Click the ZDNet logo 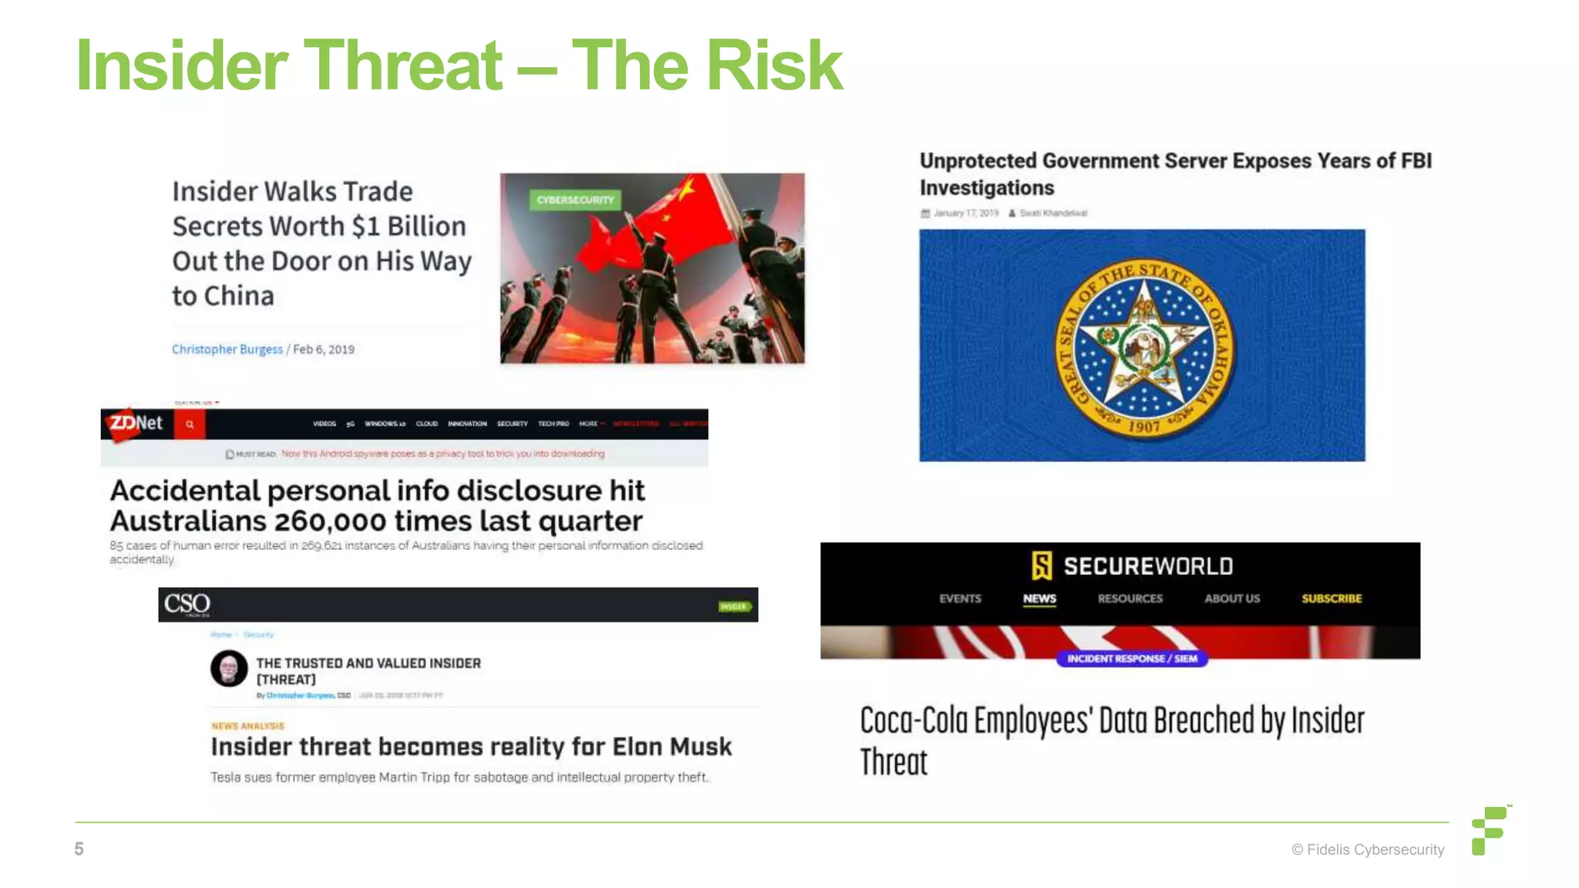pos(136,423)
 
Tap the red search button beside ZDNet pos(190,424)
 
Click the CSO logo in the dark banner pos(187,604)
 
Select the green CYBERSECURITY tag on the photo pos(575,200)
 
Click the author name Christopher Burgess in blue pos(227,349)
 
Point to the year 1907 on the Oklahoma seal pos(1144,426)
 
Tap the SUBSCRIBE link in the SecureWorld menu pos(1332,598)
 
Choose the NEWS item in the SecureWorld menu pos(1039,598)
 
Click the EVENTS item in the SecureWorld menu pos(960,598)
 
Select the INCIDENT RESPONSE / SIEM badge pos(1132,658)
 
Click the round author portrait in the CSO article pos(229,668)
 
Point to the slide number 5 pos(79,849)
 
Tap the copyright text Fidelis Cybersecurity pos(1369,849)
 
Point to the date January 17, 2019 pos(966,213)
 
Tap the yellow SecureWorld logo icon pos(1042,566)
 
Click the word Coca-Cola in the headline pos(914,721)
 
